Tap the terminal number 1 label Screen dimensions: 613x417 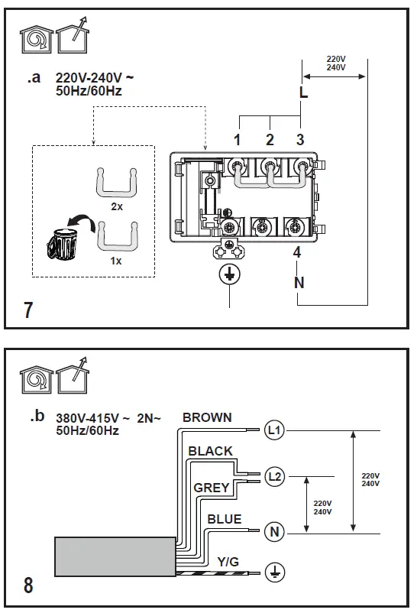tap(238, 140)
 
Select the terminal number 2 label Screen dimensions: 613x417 tap(270, 140)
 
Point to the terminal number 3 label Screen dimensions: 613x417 tap(300, 140)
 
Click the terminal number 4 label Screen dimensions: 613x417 tap(298, 254)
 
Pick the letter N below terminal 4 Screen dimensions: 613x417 tap(299, 282)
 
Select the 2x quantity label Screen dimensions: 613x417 tap(117, 207)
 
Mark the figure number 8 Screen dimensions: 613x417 tap(28, 585)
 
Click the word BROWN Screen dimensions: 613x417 tap(207, 417)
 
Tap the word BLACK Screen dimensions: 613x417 tap(210, 451)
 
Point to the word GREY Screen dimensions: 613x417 tap(212, 487)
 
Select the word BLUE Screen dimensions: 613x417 tap(225, 519)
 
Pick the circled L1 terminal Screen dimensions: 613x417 tap(274, 431)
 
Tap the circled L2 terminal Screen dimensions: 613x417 tap(274, 477)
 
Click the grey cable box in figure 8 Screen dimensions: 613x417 tap(115, 555)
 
